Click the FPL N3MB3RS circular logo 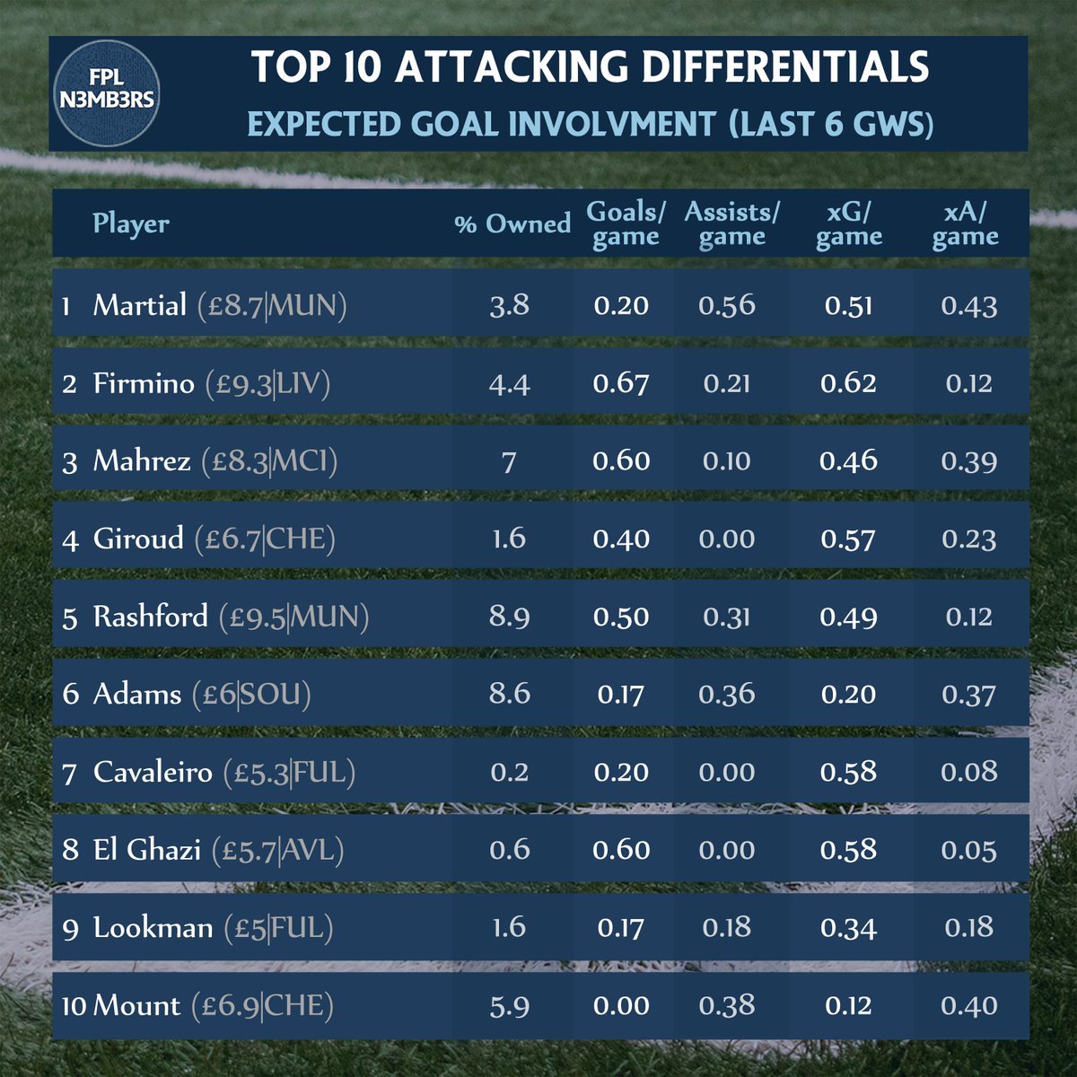tap(106, 92)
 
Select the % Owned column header tap(512, 223)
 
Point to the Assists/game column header tap(731, 223)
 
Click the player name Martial tap(140, 305)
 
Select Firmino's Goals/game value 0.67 tap(621, 383)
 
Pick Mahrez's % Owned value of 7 tap(509, 461)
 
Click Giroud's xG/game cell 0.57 tap(848, 538)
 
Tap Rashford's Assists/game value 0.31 tap(727, 617)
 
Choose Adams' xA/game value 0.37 tap(969, 694)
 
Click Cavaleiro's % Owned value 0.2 tap(509, 772)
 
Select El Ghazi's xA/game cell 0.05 tap(969, 850)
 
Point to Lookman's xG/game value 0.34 tap(848, 927)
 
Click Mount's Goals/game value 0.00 tap(621, 1005)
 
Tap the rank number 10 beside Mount tap(74, 1006)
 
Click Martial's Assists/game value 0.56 tap(727, 305)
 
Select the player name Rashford tap(151, 617)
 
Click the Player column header tap(131, 223)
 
